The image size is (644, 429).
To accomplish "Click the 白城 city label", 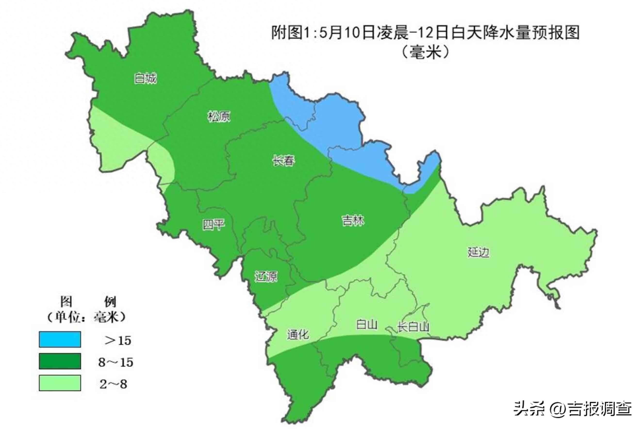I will click(x=145, y=79).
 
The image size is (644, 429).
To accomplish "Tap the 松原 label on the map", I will click(x=219, y=116).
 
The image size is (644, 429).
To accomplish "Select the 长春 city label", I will click(x=283, y=161).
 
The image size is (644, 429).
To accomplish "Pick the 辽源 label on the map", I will click(x=266, y=277).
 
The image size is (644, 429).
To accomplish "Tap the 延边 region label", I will click(x=478, y=252).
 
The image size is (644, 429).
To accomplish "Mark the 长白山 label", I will click(x=413, y=327).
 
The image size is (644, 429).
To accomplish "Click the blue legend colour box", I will click(x=60, y=339).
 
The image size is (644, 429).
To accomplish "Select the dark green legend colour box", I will click(x=60, y=361).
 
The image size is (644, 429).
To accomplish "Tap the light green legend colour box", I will click(x=60, y=383).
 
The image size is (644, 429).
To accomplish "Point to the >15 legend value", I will click(x=118, y=341).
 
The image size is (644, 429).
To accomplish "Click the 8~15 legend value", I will click(x=116, y=362).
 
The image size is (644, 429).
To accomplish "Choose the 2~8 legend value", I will click(x=113, y=384).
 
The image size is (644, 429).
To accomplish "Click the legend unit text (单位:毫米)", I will click(x=86, y=317).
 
